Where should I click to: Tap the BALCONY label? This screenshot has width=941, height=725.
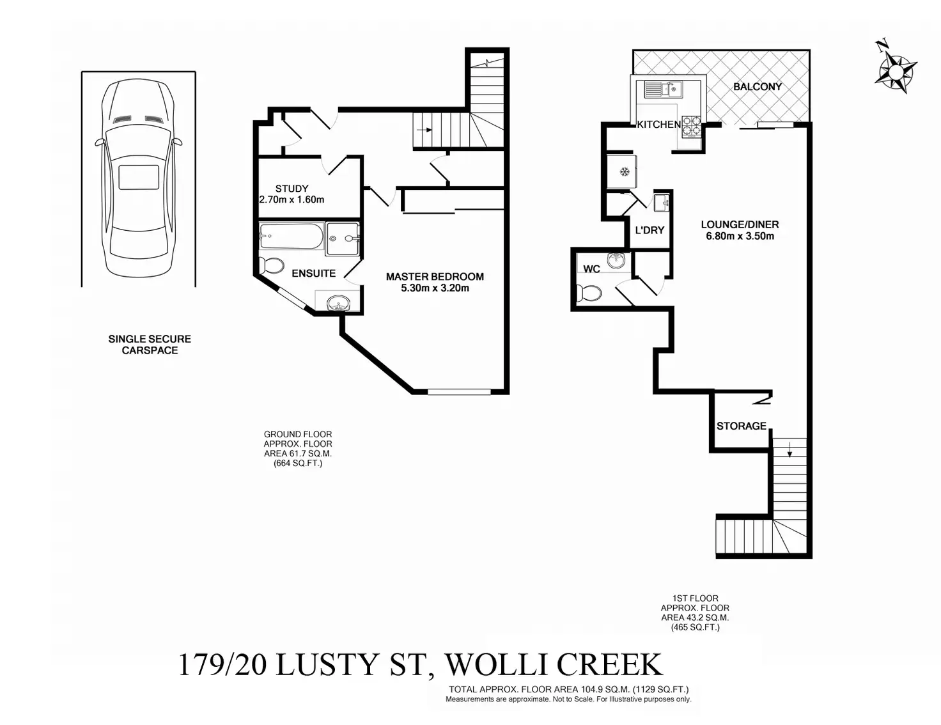(x=758, y=86)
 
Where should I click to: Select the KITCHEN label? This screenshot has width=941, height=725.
(x=658, y=125)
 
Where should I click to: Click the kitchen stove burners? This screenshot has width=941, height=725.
(x=691, y=126)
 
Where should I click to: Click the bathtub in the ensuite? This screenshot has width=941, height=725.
(x=292, y=238)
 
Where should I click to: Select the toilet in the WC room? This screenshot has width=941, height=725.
(x=589, y=293)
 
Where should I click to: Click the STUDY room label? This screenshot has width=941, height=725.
(x=292, y=189)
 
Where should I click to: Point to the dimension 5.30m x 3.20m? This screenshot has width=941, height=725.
(x=435, y=288)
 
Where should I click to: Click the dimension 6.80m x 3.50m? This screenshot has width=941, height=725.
(x=740, y=236)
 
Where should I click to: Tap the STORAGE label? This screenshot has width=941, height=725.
(x=741, y=426)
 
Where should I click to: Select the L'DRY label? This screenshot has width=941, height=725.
(x=649, y=230)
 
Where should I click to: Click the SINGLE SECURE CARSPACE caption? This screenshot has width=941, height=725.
(x=150, y=345)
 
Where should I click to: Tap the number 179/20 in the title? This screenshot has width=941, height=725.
(x=222, y=665)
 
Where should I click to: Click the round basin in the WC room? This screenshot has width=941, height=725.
(x=616, y=261)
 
